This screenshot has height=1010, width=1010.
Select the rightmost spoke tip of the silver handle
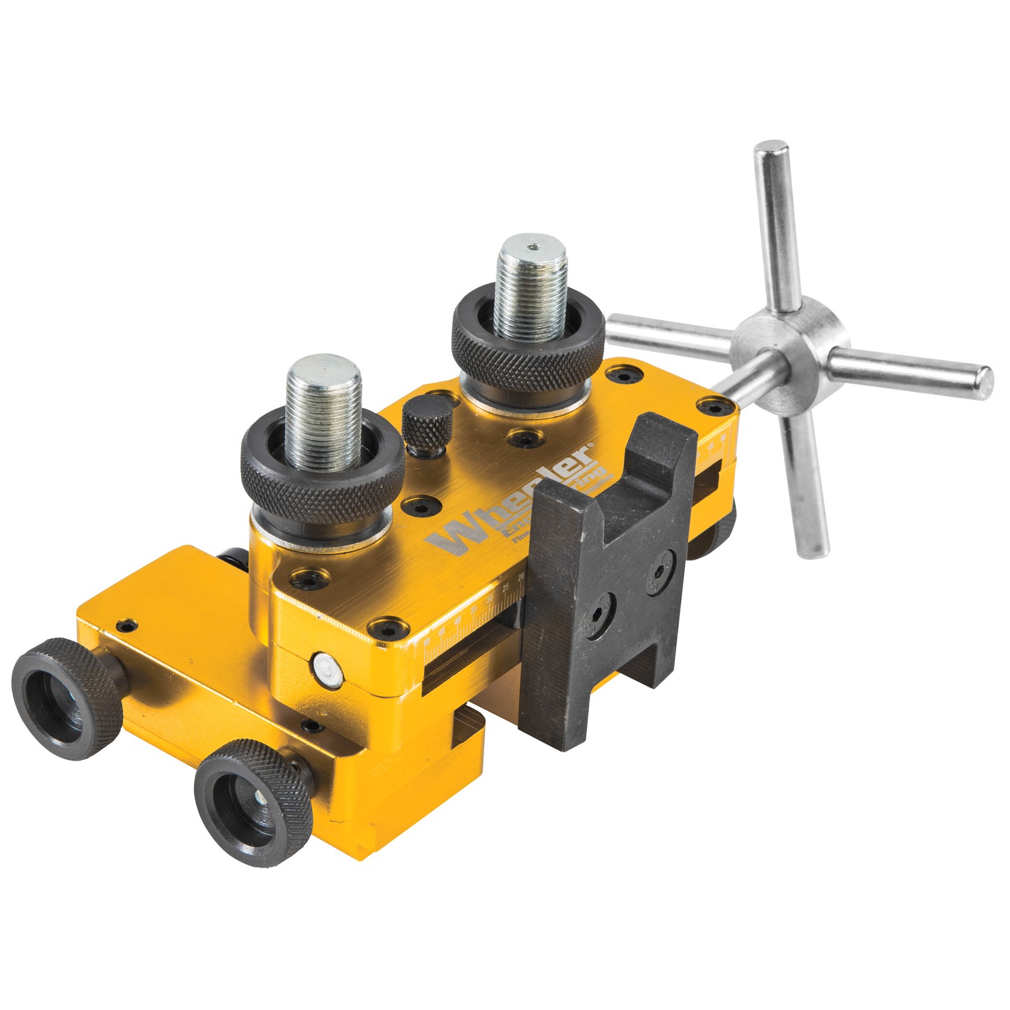click(982, 380)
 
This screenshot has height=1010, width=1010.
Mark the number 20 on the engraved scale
click(520, 578)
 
